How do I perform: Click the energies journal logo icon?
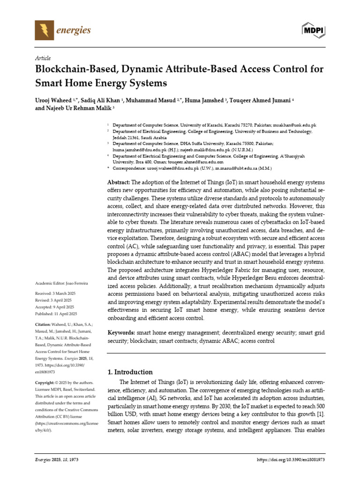[x=45, y=31]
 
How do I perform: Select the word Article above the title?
[x=43, y=58]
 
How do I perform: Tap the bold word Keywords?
[x=121, y=332]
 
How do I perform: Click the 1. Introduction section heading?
[x=130, y=372]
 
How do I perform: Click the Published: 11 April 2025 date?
[x=56, y=314]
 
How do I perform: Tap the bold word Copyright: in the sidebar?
[x=45, y=382]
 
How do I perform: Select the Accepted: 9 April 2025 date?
[x=55, y=307]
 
